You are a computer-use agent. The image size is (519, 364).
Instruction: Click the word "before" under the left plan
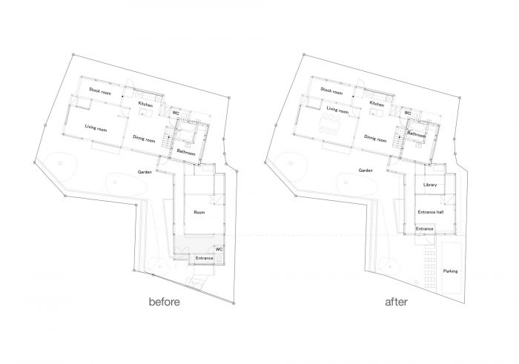[165, 302]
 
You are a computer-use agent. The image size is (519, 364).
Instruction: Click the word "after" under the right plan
[396, 302]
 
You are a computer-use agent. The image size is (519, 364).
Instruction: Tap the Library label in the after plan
[430, 185]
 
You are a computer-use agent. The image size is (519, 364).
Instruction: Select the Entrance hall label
[431, 212]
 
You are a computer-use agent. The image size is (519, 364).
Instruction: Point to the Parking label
[450, 271]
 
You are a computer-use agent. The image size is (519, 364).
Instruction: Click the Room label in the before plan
[199, 212]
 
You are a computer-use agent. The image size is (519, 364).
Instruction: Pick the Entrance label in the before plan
[204, 258]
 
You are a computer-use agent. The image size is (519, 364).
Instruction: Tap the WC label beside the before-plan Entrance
[219, 249]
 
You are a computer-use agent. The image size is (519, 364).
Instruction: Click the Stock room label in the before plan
[100, 91]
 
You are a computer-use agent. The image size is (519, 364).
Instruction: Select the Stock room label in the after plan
[331, 91]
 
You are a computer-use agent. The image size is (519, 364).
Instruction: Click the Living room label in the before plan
[96, 128]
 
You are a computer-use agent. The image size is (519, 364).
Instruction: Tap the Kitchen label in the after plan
[377, 104]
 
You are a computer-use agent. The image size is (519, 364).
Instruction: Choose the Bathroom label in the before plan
[186, 152]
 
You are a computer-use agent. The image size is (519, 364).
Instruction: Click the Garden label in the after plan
[366, 171]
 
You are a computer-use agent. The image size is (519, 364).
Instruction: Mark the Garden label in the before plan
[145, 172]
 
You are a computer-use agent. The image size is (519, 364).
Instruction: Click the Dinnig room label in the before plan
[144, 139]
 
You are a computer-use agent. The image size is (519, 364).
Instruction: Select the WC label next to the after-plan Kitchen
[408, 113]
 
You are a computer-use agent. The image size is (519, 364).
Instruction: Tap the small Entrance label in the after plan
[425, 228]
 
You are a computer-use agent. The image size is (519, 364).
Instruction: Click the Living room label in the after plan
[337, 110]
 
